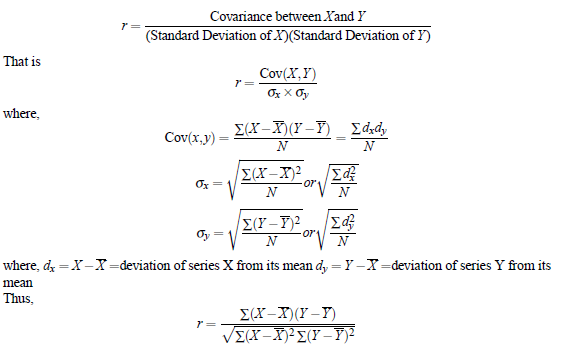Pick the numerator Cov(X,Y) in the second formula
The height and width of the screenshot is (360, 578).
point(288,76)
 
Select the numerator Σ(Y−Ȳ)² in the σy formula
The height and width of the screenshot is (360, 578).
point(266,225)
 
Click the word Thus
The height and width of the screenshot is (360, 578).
point(18,296)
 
